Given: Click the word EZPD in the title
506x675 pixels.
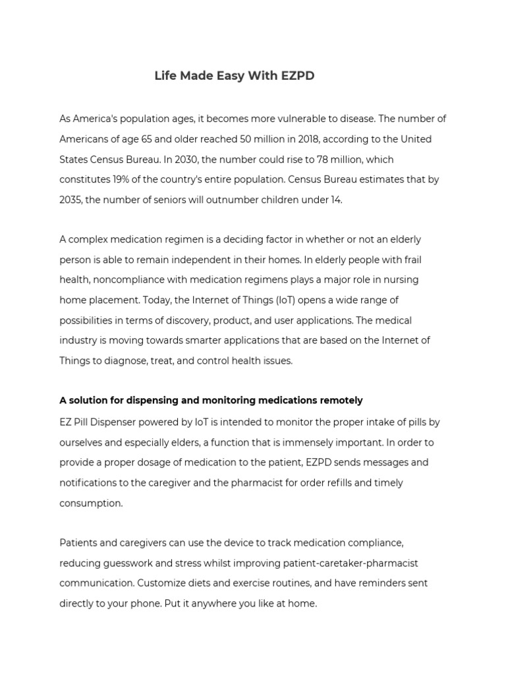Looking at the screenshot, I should point(296,76).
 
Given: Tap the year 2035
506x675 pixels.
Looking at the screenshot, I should point(70,200).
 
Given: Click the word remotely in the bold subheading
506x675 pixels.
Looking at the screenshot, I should point(341,400).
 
